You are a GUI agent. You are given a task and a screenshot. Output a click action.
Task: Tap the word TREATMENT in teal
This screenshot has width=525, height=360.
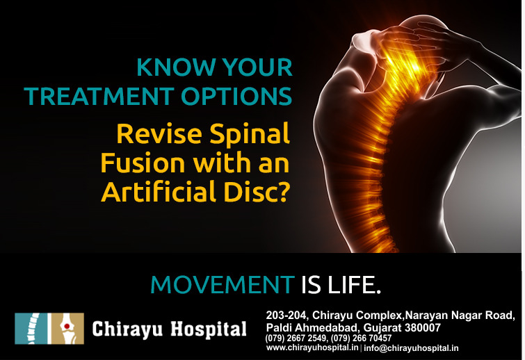coord(99,97)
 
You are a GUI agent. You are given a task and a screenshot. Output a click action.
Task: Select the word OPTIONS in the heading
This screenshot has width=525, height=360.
coord(236,97)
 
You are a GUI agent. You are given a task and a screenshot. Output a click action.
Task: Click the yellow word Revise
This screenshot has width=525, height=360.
coord(159,134)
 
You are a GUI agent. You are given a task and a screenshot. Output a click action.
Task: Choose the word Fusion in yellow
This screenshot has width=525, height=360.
coord(143,163)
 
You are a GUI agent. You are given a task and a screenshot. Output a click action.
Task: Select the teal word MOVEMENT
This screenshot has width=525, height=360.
coord(223,285)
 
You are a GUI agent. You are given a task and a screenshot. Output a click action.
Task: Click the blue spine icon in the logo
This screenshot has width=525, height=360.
coord(31,329)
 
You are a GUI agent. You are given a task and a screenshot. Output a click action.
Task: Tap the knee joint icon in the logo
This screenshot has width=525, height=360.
coord(67,329)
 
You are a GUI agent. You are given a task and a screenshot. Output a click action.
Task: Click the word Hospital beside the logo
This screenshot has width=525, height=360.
coord(209,329)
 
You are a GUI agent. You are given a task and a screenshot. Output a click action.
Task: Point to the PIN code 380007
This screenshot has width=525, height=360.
coord(423,327)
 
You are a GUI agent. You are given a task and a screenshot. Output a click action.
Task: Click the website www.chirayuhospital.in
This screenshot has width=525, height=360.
coord(312,347)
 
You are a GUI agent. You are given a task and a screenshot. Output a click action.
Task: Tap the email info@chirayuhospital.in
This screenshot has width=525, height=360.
coord(411,348)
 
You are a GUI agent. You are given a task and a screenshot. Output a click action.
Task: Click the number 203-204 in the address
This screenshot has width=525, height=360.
coord(286,315)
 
